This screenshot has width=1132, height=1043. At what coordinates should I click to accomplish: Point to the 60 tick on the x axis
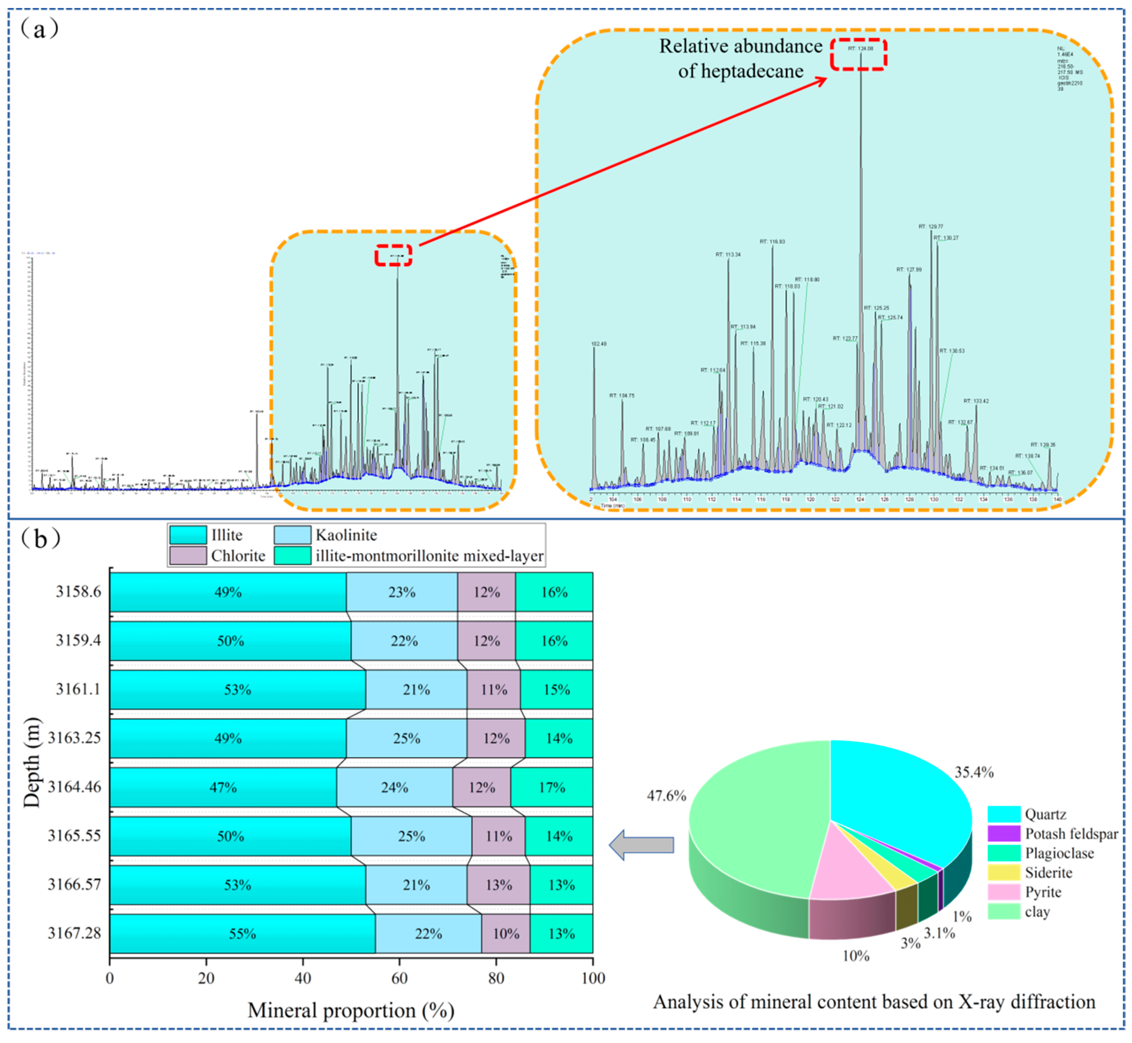pyautogui.click(x=399, y=978)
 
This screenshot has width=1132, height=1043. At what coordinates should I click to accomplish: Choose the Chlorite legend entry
pyautogui.click(x=238, y=556)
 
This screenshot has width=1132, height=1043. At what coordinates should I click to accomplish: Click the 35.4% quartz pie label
pyautogui.click(x=974, y=772)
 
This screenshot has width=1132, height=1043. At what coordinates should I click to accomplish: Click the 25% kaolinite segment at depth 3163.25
pyautogui.click(x=407, y=738)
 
